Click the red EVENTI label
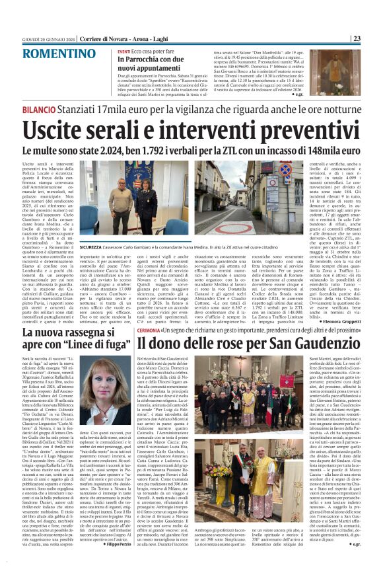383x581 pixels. tap(123, 51)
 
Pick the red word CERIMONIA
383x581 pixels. tap(151, 329)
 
